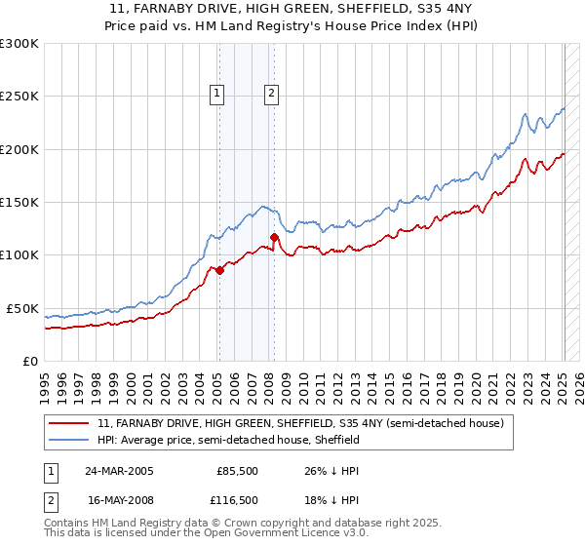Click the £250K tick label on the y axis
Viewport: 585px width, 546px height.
click(x=19, y=97)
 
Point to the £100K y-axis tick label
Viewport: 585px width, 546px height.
click(x=19, y=255)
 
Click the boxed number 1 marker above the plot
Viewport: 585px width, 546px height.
click(x=216, y=94)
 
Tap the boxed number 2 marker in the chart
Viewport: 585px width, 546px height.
click(x=271, y=94)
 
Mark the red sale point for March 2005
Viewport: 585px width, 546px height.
click(x=220, y=271)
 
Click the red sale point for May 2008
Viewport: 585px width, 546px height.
click(x=274, y=237)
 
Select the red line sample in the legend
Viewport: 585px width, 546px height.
click(x=70, y=424)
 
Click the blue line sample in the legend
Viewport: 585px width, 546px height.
click(x=70, y=441)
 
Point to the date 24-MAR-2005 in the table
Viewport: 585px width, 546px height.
click(x=120, y=471)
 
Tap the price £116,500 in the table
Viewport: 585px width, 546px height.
click(x=237, y=500)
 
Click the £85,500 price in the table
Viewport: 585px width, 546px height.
click(x=237, y=471)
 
